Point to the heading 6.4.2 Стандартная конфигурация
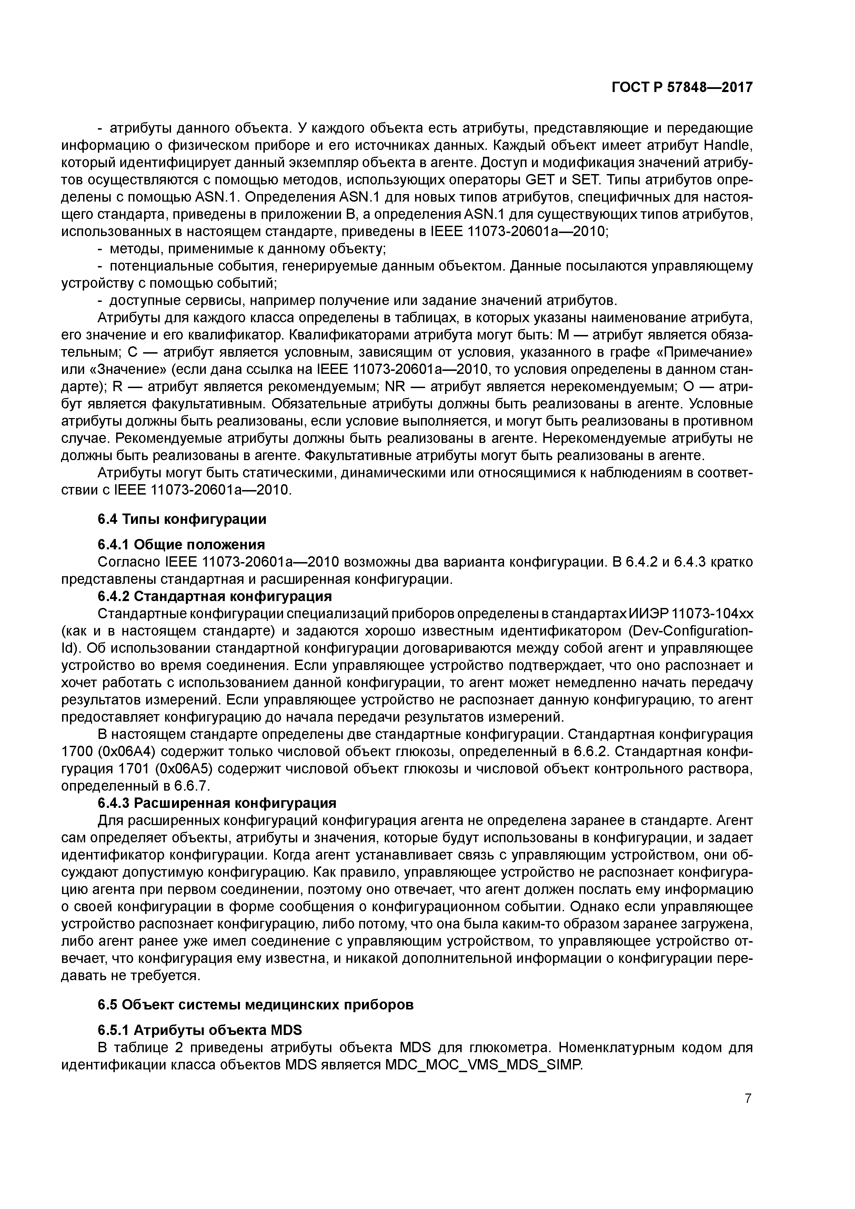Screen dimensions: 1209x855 (x=215, y=596)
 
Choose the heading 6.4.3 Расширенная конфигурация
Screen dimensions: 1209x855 (x=217, y=803)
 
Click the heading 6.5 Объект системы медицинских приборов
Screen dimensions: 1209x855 (x=255, y=1005)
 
